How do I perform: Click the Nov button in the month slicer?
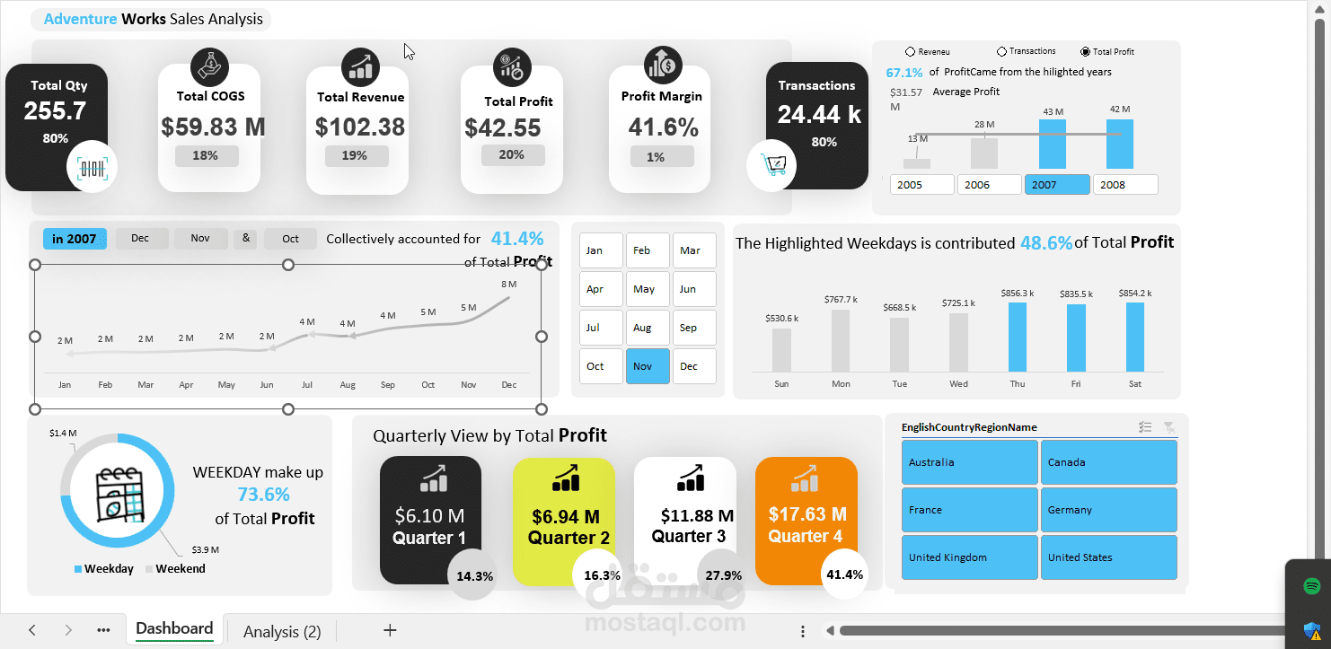tap(648, 366)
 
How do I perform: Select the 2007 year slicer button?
tap(1057, 185)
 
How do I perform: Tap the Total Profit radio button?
tap(1086, 52)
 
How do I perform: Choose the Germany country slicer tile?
tap(1108, 510)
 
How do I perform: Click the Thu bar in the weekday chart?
tap(1017, 337)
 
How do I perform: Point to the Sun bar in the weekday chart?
tap(781, 350)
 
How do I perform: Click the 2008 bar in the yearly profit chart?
tap(1119, 145)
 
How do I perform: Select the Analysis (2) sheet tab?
tap(282, 631)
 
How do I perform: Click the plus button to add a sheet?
tap(390, 630)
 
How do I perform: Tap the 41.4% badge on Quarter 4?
tap(844, 575)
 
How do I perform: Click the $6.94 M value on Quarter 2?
tap(566, 517)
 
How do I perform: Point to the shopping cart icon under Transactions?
tap(772, 165)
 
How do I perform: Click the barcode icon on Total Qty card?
tap(92, 168)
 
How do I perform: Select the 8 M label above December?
tap(509, 285)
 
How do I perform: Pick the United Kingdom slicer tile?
tap(969, 557)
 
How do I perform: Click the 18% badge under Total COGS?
tap(205, 155)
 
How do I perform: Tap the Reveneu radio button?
tap(911, 52)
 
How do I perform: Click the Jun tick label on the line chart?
tap(267, 385)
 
